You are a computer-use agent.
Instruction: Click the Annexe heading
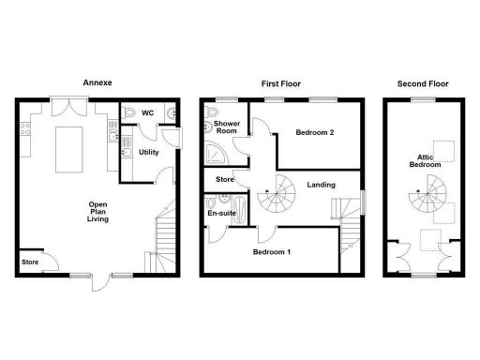coord(97,82)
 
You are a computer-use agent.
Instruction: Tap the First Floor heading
coord(280,82)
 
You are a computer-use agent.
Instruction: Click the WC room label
coord(147,113)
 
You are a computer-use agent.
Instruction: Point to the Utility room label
coord(148,151)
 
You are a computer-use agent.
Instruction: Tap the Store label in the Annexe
coord(31,262)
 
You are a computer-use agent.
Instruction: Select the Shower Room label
coord(227,128)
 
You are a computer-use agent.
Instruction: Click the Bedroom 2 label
coord(315,132)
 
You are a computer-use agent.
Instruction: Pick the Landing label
coord(321,185)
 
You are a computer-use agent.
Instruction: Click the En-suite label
coord(221,213)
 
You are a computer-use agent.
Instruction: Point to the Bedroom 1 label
coord(271,252)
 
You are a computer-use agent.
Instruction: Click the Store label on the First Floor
coord(225,178)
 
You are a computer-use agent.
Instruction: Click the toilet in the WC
coord(128,113)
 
